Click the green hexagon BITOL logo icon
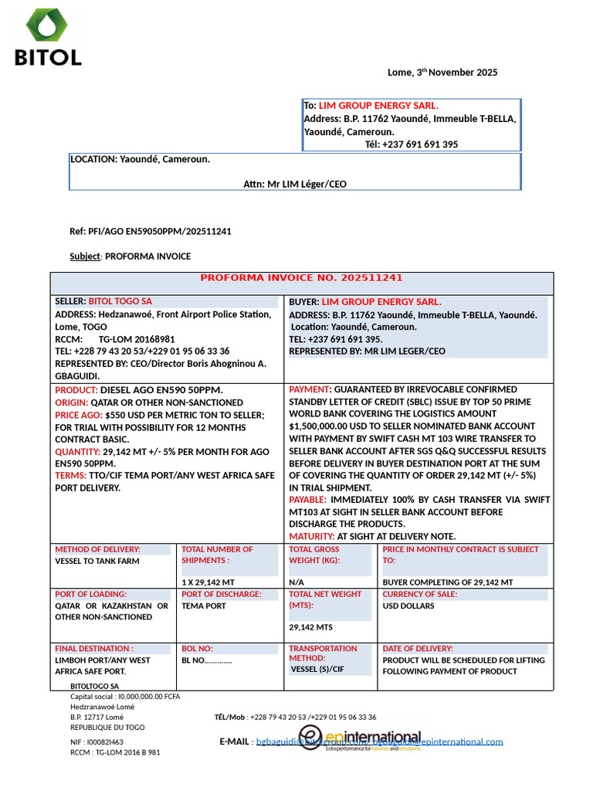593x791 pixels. [x=47, y=25]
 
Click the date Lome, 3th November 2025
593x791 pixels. [x=442, y=73]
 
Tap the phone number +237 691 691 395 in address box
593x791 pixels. [x=412, y=144]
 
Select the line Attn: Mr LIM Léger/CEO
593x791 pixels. [x=295, y=184]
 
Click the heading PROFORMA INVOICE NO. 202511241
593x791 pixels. [x=301, y=278]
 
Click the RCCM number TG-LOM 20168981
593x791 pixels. [x=137, y=339]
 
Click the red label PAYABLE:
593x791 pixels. [x=307, y=500]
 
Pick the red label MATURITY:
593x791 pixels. [x=311, y=536]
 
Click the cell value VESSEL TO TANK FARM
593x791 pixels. [x=97, y=561]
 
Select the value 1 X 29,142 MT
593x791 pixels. [x=208, y=582]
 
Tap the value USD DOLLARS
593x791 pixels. [x=408, y=606]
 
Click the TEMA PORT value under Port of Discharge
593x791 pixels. [x=204, y=606]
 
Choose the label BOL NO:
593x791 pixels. [x=197, y=649]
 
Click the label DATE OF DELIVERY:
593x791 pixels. [x=418, y=649]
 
